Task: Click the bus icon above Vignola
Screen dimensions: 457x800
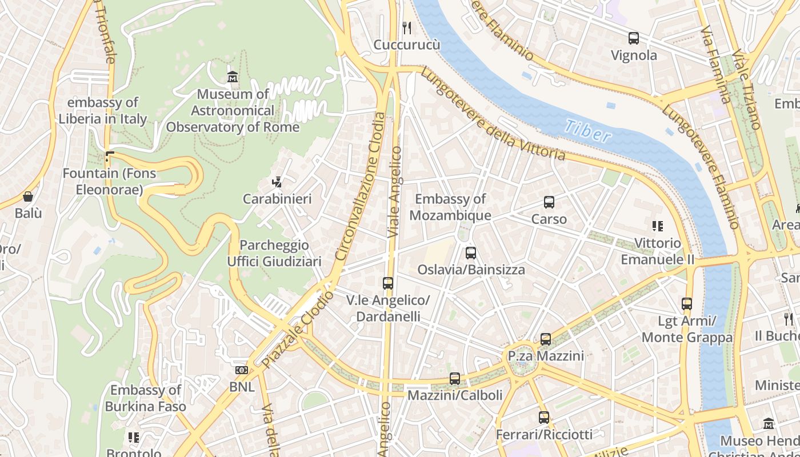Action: click(x=633, y=38)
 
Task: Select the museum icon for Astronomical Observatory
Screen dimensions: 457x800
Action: click(x=233, y=77)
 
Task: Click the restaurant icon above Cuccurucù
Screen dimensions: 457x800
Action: click(x=407, y=27)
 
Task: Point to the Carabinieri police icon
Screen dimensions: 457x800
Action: click(x=277, y=182)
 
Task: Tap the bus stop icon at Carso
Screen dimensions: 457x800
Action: click(x=549, y=202)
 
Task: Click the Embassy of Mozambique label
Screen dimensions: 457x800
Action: click(x=450, y=207)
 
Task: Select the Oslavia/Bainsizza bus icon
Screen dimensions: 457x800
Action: click(x=470, y=252)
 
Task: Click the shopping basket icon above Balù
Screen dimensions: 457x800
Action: click(x=27, y=197)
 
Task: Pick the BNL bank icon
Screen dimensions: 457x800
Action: click(x=242, y=370)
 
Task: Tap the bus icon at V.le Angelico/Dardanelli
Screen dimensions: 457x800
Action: click(x=388, y=283)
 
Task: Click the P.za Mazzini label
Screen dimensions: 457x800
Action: click(x=546, y=356)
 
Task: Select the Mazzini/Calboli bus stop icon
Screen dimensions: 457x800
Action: click(x=454, y=378)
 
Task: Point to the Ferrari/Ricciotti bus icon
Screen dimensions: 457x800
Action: click(x=543, y=418)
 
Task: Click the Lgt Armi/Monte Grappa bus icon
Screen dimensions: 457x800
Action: click(x=687, y=304)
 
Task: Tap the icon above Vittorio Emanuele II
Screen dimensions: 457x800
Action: click(x=658, y=226)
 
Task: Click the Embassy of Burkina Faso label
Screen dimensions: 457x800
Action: click(x=146, y=398)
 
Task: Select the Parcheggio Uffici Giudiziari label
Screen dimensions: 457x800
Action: click(x=274, y=253)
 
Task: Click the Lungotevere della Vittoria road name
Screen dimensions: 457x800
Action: click(x=493, y=115)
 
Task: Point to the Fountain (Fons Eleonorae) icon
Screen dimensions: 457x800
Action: click(x=110, y=156)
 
